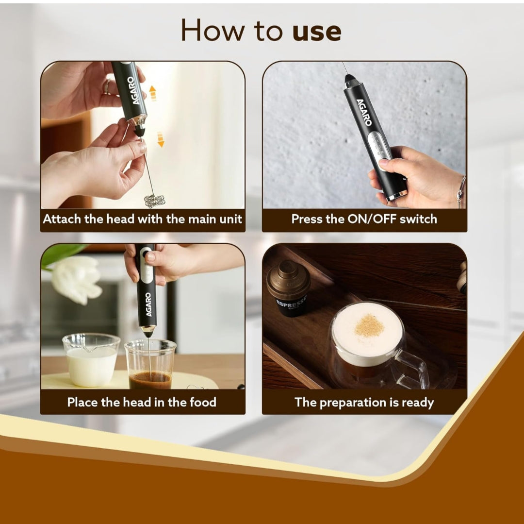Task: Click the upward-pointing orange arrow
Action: point(153,93)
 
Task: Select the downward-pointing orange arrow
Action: point(161,139)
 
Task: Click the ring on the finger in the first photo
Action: point(107,86)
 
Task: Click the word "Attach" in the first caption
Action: point(63,219)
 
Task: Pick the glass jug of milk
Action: point(91,360)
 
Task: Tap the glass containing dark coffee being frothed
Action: point(150,364)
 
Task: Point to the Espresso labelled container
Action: point(288,288)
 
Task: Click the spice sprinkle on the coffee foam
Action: point(369,325)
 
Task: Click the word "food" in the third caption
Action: point(203,402)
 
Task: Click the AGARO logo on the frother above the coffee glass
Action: point(148,304)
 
